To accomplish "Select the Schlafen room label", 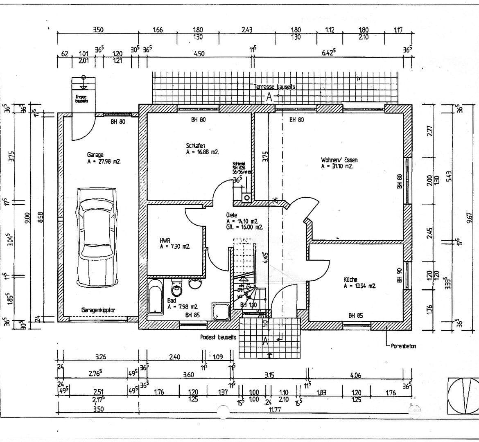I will click(195, 145).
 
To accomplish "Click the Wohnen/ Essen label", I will click(339, 160).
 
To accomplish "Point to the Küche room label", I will click(350, 280).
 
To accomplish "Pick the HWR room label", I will click(165, 241).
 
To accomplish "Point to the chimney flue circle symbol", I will click(246, 198).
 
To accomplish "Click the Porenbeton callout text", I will click(403, 346).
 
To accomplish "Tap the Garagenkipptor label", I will click(98, 310).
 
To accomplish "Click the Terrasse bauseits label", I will click(274, 87).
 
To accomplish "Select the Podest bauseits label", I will click(218, 337).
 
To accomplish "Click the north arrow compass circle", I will click(463, 395).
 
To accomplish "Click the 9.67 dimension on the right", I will click(469, 216).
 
